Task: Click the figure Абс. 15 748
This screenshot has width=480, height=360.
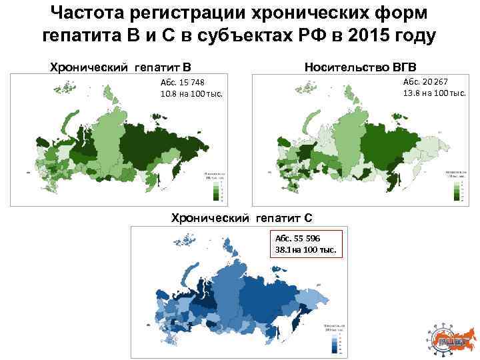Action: (x=182, y=82)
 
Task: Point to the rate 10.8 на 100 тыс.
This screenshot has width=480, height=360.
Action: (x=191, y=93)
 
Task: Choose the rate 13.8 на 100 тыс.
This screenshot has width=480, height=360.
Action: (x=434, y=92)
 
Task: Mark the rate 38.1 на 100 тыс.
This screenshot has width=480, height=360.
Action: (x=306, y=250)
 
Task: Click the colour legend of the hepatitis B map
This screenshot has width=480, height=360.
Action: (x=215, y=187)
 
